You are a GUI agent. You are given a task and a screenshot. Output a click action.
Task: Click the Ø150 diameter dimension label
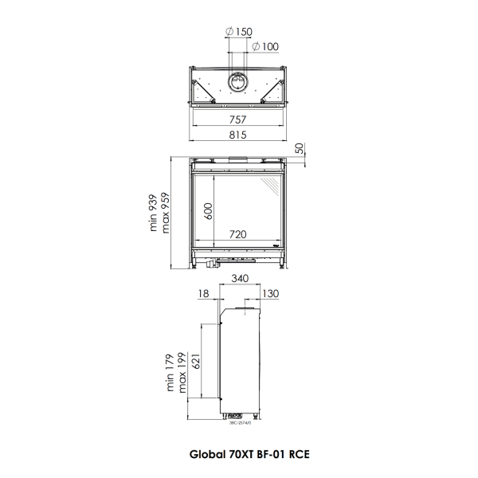tap(240, 32)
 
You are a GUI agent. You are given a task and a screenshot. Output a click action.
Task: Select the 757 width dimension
tap(237, 119)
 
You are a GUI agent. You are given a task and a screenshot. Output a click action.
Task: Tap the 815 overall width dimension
tap(237, 135)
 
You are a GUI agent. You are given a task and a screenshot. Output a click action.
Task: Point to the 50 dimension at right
tap(300, 148)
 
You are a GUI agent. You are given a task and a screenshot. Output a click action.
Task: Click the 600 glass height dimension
tap(209, 210)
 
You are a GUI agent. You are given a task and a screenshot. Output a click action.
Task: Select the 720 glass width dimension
tap(237, 235)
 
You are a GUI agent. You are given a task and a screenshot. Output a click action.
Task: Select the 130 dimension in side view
tap(270, 294)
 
